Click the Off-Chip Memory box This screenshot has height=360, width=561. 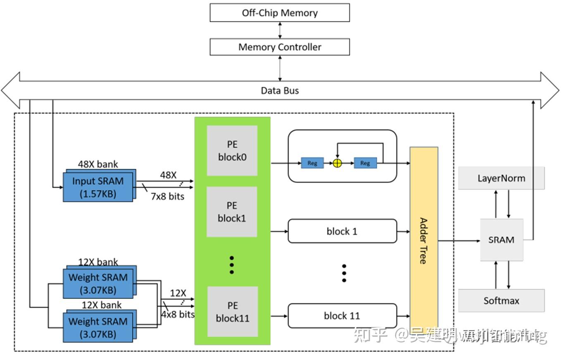pyautogui.click(x=280, y=13)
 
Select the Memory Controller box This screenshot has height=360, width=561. pyautogui.click(x=280, y=47)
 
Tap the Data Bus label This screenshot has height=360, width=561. pyautogui.click(x=280, y=90)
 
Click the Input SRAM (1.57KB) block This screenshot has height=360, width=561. pyautogui.click(x=98, y=187)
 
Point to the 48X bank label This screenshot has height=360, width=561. pyautogui.click(x=98, y=164)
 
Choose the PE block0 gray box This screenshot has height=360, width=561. pyautogui.click(x=232, y=151)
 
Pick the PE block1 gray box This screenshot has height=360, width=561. pyautogui.click(x=232, y=212)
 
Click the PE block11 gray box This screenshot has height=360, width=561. pyautogui.click(x=233, y=312)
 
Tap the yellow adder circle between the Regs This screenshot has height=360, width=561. pyautogui.click(x=338, y=163)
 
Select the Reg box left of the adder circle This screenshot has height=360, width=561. pyautogui.click(x=312, y=163)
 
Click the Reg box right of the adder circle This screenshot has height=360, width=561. pyautogui.click(x=365, y=163)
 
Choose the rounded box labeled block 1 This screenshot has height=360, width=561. pyautogui.click(x=342, y=231)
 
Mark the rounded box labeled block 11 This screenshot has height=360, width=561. pyautogui.click(x=342, y=316)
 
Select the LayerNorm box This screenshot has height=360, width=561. pyautogui.click(x=501, y=178)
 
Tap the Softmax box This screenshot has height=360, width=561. pyautogui.click(x=501, y=301)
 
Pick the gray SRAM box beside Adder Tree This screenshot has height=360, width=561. pyautogui.click(x=502, y=240)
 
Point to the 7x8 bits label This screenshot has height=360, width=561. pyautogui.click(x=167, y=196)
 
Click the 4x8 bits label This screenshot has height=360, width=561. pyautogui.click(x=178, y=314)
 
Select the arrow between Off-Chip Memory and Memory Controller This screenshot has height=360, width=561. pyautogui.click(x=280, y=30)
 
